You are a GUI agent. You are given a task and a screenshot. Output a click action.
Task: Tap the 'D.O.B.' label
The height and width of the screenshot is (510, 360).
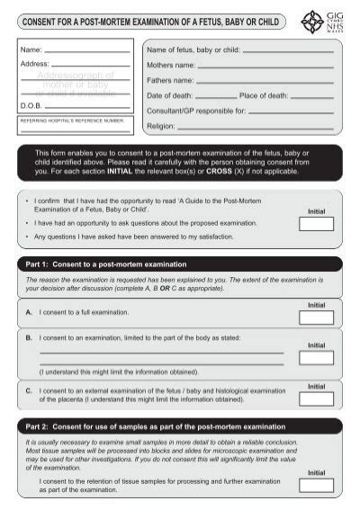point(32,104)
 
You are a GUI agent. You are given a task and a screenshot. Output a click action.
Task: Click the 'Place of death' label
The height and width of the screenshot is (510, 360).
point(264,94)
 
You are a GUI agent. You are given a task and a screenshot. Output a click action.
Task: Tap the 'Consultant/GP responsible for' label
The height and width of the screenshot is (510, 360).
point(195,111)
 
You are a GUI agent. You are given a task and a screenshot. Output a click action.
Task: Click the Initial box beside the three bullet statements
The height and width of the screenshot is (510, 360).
point(316,225)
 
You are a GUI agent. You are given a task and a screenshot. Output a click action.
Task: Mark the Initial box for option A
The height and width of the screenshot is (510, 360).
point(316,318)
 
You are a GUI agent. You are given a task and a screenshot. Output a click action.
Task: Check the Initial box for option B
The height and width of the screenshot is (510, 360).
point(316,357)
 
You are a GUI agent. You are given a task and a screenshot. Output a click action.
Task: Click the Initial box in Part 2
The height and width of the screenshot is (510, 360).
point(316,486)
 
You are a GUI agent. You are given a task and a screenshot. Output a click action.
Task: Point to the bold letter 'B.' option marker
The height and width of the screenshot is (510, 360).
point(29,337)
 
